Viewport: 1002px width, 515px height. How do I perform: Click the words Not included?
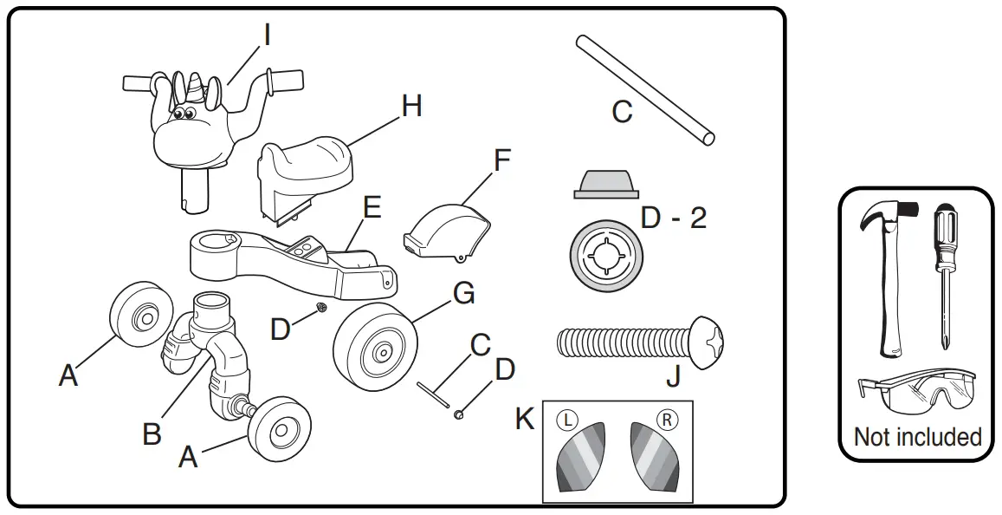coord(918,436)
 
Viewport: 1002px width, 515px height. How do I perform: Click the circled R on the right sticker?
coord(668,419)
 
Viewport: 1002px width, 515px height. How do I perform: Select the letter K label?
coord(525,419)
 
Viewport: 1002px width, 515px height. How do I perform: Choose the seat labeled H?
coord(307,165)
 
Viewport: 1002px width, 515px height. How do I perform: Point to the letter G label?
coord(463,295)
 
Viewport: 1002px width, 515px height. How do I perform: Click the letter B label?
coord(152,433)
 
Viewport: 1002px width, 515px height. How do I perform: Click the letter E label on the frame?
coord(372,209)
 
